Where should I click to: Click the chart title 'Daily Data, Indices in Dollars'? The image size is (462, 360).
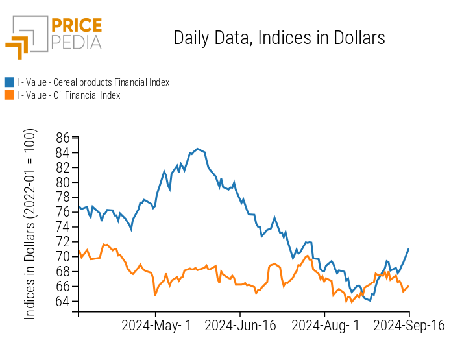[279, 38]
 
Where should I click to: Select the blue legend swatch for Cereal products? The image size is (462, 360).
[9, 82]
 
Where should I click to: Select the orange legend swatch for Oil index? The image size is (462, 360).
[9, 95]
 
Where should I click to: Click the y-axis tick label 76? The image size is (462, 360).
[62, 212]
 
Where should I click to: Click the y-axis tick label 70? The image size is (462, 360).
[62, 256]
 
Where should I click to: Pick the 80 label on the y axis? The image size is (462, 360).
[62, 182]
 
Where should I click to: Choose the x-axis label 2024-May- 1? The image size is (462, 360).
[156, 326]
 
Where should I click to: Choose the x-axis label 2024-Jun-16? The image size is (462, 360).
[240, 326]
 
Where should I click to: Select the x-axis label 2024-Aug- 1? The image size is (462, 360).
[324, 326]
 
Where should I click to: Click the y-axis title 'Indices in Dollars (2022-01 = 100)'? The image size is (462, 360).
[30, 224]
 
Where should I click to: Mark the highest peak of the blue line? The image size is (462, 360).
[197, 149]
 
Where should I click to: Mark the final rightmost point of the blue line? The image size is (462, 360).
[408, 249]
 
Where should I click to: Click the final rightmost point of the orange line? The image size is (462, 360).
[408, 286]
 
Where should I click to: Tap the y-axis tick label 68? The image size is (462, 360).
[62, 271]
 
